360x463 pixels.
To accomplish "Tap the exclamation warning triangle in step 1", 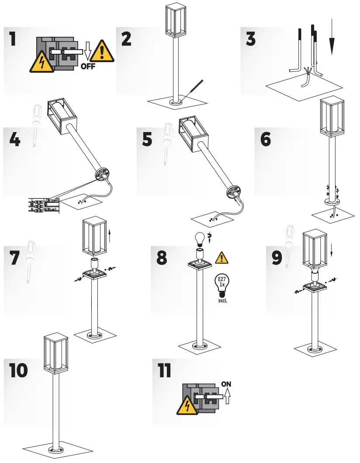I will point(103,51).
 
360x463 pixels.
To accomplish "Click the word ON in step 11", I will point(226,384).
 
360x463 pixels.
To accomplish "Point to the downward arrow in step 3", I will point(332,37).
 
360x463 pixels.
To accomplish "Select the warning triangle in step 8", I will point(222,258).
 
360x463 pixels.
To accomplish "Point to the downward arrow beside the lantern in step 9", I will point(332,250).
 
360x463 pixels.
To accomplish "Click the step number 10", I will point(19,370).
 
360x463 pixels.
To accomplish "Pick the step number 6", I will point(266,139).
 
